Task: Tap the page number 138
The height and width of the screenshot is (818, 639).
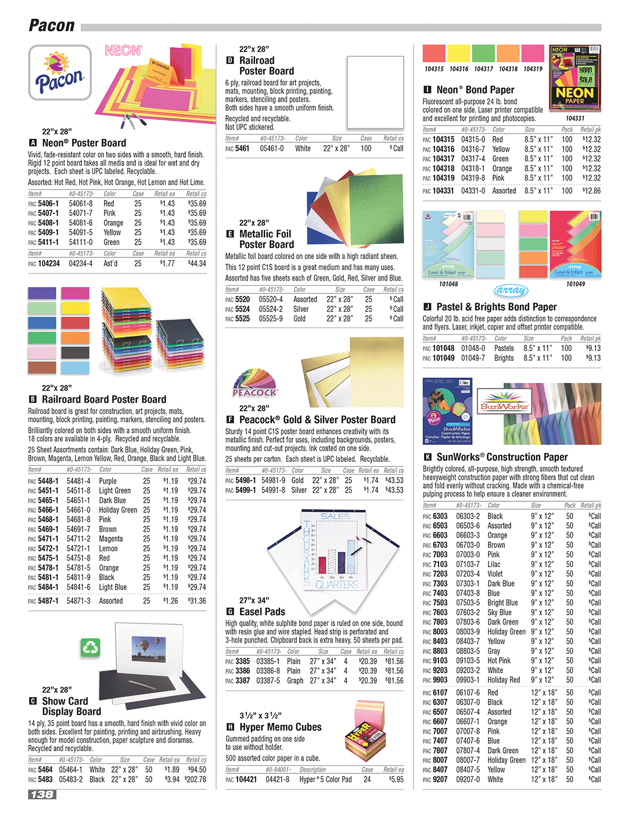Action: (42, 794)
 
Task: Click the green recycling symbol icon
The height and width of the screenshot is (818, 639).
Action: (91, 647)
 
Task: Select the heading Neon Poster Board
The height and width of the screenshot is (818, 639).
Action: (84, 143)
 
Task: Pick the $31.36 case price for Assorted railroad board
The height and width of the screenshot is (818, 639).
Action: (197, 601)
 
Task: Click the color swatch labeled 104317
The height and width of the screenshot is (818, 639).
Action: (483, 53)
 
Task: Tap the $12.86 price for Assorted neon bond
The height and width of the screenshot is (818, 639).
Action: (591, 191)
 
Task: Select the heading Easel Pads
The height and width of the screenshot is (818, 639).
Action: (262, 612)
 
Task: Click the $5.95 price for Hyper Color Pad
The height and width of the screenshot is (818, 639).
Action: (396, 780)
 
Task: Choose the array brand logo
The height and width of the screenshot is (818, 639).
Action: (511, 290)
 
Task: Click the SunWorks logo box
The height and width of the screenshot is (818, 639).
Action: (504, 407)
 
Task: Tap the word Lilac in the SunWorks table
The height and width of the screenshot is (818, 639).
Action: (494, 564)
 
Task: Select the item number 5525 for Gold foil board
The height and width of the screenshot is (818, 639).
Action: (242, 319)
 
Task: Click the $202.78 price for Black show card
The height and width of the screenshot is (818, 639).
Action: (195, 780)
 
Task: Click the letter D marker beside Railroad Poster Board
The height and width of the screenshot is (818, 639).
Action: (229, 60)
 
